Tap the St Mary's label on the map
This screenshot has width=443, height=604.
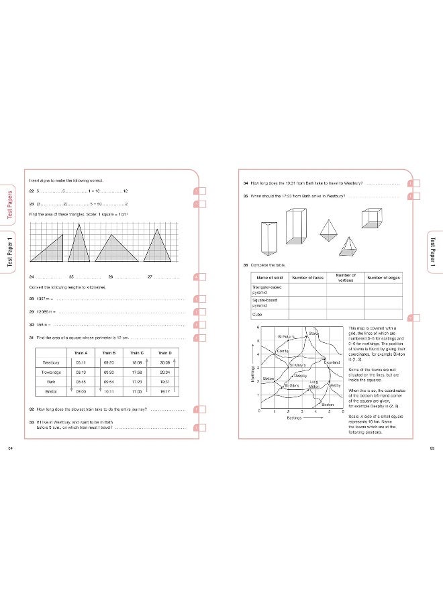[297, 364]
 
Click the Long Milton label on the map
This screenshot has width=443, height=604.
[313, 385]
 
